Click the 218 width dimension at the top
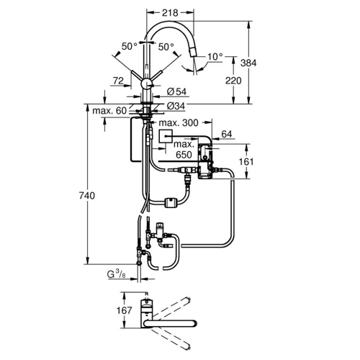[170, 13]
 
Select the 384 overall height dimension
[248, 63]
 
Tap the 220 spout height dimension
[233, 81]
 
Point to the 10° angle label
[215, 57]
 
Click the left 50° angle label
[129, 46]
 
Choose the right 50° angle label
[166, 47]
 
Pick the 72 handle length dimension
[118, 81]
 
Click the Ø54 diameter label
[176, 91]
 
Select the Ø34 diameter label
[176, 106]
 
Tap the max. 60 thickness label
[109, 111]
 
